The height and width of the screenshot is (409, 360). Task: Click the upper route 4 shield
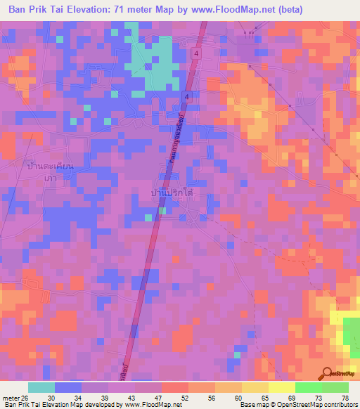pyautogui.click(x=197, y=53)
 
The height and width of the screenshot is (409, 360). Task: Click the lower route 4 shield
pyautogui.click(x=187, y=96)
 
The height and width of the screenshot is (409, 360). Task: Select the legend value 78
pyautogui.click(x=345, y=397)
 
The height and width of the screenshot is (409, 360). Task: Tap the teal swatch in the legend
pyautogui.click(x=41, y=387)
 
